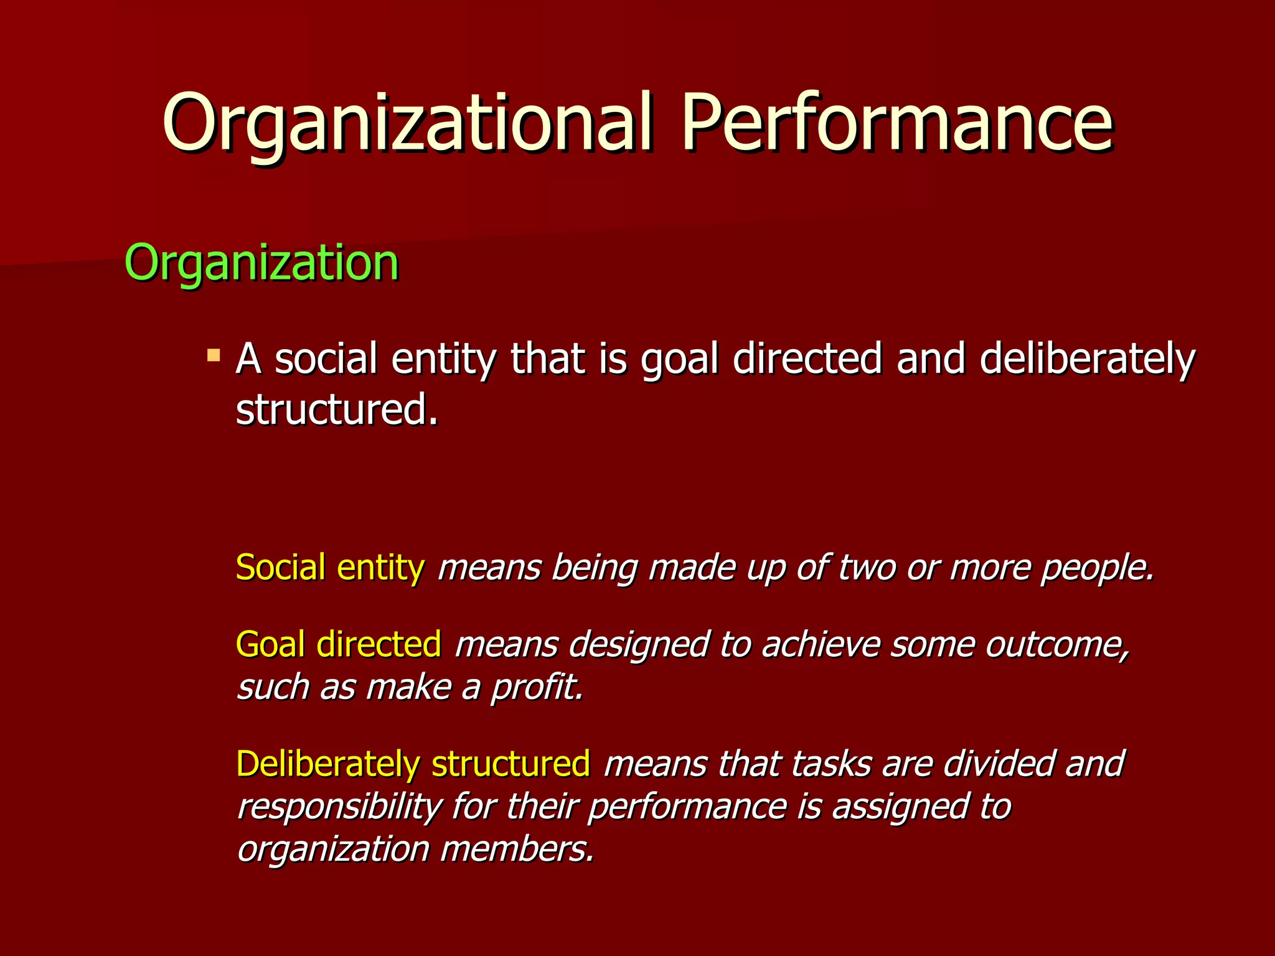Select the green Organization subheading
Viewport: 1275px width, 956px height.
click(x=261, y=263)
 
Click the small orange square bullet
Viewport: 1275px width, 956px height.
click(x=214, y=355)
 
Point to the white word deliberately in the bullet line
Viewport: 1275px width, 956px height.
click(x=1087, y=360)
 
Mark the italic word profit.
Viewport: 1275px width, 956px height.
click(x=537, y=687)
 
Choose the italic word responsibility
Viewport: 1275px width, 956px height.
click(x=339, y=807)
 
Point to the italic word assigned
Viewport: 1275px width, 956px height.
click(x=899, y=807)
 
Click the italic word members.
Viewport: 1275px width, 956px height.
click(x=517, y=849)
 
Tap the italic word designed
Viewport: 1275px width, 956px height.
click(x=638, y=644)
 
